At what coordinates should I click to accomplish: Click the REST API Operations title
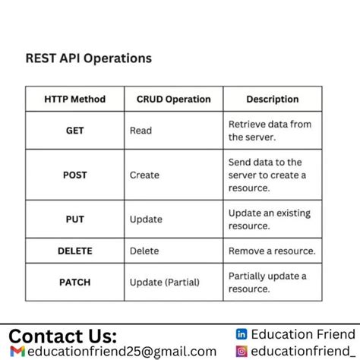[x=89, y=58]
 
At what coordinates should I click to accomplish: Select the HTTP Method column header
[x=75, y=99]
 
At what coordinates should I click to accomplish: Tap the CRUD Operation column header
[x=173, y=99]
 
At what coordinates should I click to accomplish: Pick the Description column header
[x=272, y=99]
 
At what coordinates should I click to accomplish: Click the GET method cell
[x=75, y=131]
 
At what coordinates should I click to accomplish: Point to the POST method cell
[x=75, y=175]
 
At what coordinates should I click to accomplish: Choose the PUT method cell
[x=75, y=219]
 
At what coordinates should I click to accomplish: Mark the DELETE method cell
[x=75, y=251]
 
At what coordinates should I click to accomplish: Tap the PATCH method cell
[x=75, y=282]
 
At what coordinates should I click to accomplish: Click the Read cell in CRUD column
[x=141, y=131]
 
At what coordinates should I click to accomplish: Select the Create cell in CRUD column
[x=144, y=175]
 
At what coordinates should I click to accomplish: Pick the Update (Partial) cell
[x=164, y=283]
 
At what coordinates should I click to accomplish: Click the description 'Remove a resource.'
[x=272, y=251]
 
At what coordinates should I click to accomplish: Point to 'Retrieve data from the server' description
[x=270, y=131]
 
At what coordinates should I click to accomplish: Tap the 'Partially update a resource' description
[x=267, y=282]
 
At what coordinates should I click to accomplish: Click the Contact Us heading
[x=63, y=336]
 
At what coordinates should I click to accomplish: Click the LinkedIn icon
[x=242, y=334]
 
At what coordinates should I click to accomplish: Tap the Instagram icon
[x=242, y=351]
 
